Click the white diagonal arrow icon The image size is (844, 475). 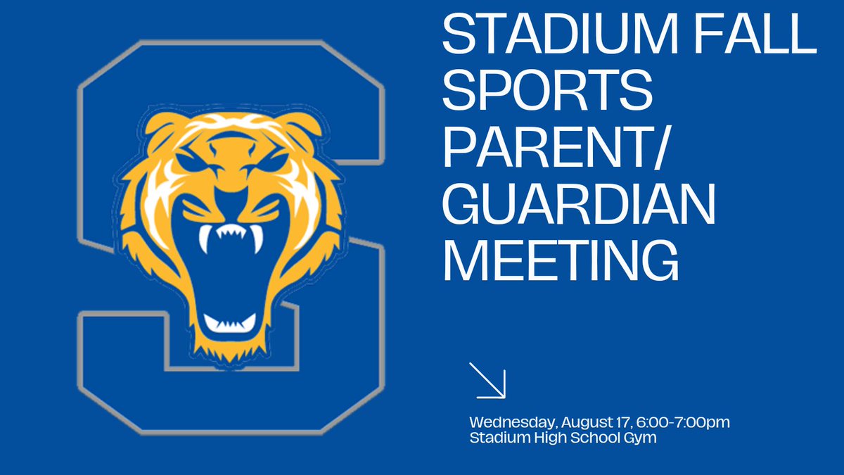pos(487,381)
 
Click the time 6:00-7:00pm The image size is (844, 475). pos(682,422)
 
